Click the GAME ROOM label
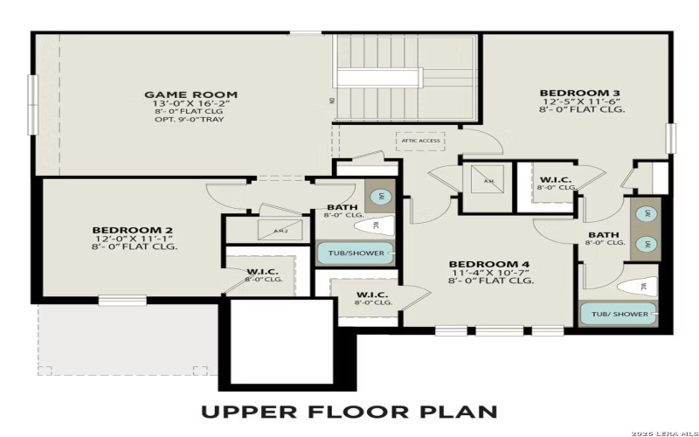coord(190,94)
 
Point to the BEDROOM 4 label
coord(490,263)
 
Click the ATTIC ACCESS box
coord(421,140)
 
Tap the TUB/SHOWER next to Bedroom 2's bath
coord(349,253)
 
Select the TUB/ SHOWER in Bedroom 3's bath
coord(619,314)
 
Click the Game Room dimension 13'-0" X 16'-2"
coord(190,104)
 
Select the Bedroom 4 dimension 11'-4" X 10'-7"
coord(490,272)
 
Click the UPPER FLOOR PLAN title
coord(349,411)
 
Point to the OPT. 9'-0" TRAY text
coord(190,120)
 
